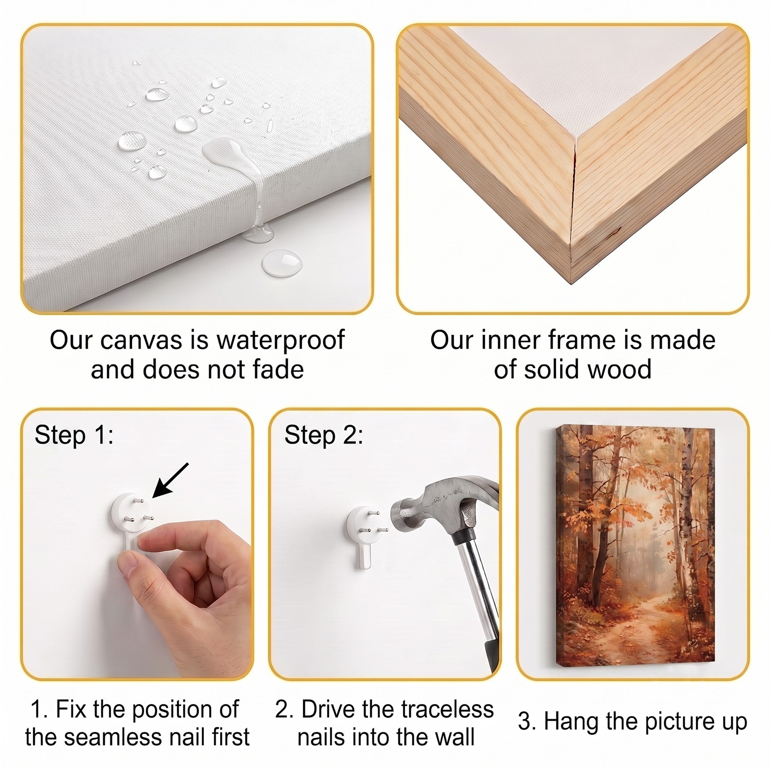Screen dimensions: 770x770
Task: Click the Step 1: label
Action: (74, 435)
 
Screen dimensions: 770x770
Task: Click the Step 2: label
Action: (324, 435)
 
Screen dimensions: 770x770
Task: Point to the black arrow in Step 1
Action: (171, 480)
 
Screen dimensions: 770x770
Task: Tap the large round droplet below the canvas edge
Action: (282, 262)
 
